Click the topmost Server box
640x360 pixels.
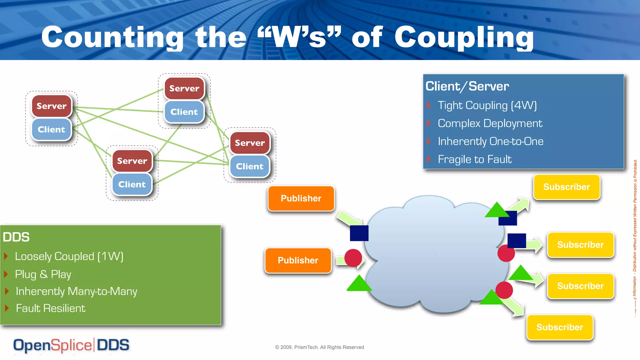click(184, 88)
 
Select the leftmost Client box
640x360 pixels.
click(51, 129)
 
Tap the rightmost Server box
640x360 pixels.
click(250, 143)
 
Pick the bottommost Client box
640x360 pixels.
click(132, 184)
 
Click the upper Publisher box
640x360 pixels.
click(301, 198)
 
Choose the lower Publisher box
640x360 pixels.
click(298, 260)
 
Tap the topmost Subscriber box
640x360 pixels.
click(566, 187)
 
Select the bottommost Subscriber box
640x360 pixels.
click(559, 327)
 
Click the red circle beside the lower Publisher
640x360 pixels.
click(353, 258)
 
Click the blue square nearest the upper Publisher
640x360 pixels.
click(359, 233)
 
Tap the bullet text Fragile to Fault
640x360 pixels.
click(474, 159)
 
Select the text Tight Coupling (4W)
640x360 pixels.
click(487, 105)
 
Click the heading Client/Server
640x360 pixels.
click(467, 86)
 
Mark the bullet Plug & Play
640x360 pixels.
click(43, 274)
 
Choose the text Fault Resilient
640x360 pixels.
click(50, 308)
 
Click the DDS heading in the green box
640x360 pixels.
click(16, 237)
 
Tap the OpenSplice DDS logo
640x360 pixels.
click(71, 345)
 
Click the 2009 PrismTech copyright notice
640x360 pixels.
click(319, 347)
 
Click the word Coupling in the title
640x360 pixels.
click(464, 37)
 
